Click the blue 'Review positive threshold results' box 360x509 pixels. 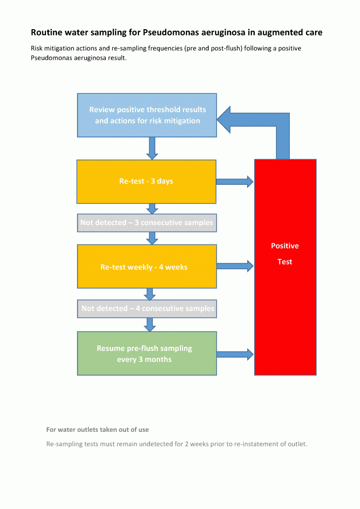(x=147, y=115)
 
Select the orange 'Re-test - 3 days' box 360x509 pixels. (x=146, y=181)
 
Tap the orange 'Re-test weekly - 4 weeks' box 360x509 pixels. (x=147, y=267)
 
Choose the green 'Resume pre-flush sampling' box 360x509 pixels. (x=147, y=353)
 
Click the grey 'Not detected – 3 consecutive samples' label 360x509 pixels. (x=147, y=223)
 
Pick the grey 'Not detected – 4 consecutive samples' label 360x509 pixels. (x=147, y=308)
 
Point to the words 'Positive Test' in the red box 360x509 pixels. (x=285, y=254)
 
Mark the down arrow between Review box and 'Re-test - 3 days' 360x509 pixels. (x=152, y=148)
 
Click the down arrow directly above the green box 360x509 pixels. (x=149, y=324)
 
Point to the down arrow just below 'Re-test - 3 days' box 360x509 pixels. (x=152, y=209)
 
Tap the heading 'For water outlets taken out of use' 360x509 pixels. (x=97, y=429)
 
